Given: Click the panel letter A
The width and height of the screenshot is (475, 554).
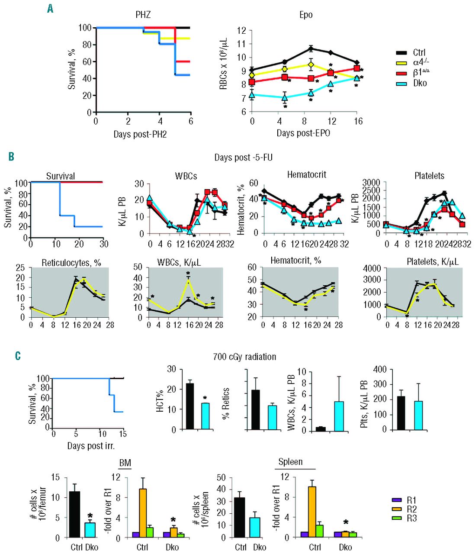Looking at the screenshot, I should (50, 8).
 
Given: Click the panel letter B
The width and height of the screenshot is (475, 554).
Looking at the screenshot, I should (12, 156).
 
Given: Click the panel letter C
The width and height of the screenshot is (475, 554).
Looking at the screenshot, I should (18, 356).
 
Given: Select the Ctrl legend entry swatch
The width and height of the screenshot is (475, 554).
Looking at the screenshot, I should (401, 53).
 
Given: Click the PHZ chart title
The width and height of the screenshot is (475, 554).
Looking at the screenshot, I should (143, 15).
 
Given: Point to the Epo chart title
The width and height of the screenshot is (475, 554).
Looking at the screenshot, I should (306, 15).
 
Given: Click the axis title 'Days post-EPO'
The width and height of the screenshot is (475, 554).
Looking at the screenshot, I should (303, 133).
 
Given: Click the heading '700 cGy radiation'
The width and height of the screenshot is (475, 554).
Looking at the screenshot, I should (244, 357).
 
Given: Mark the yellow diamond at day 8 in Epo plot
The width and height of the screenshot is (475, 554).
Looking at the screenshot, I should (310, 65).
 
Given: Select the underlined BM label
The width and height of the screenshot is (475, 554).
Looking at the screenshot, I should (125, 463).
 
